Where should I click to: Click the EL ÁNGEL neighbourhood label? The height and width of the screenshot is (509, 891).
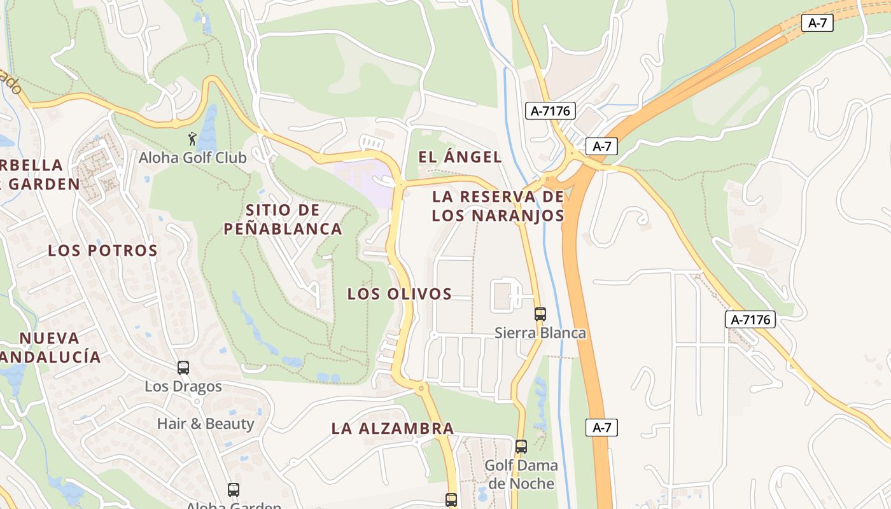tap(460, 157)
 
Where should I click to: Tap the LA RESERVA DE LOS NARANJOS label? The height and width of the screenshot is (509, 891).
tap(498, 206)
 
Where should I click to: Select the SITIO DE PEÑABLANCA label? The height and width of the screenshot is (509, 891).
tap(283, 219)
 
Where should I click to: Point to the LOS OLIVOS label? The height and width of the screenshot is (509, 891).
tap(399, 293)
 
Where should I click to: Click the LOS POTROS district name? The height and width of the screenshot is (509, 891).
tap(102, 250)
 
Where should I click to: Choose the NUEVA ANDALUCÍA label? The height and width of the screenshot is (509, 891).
tap(50, 347)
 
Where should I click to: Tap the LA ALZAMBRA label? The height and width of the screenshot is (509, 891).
tap(393, 428)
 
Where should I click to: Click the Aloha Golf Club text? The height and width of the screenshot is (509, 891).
tap(192, 157)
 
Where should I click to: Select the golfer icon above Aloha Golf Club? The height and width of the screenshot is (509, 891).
tap(192, 138)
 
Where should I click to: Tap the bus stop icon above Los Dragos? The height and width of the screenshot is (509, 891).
tap(183, 367)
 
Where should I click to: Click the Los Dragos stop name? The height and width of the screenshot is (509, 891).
tap(183, 386)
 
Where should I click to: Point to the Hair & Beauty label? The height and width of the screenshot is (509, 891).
tap(206, 423)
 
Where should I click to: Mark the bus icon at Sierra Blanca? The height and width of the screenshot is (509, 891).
tap(540, 314)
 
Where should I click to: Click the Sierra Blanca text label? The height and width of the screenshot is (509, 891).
tap(540, 333)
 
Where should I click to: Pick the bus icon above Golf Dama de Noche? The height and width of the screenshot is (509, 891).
tap(521, 447)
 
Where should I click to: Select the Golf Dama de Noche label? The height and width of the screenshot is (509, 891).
tap(521, 474)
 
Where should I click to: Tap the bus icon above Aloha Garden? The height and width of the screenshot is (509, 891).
tap(234, 490)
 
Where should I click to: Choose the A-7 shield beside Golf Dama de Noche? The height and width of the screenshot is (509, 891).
tap(601, 428)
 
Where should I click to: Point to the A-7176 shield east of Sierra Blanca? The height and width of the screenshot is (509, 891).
tap(750, 319)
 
